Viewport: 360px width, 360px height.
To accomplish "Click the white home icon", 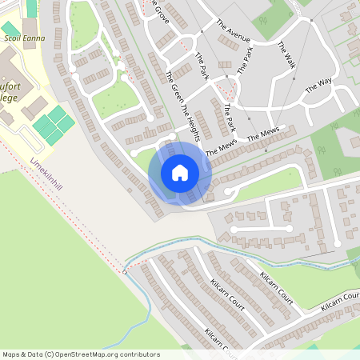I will [x=180, y=172].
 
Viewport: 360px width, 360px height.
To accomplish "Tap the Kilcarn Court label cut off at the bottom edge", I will [x=219, y=341].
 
